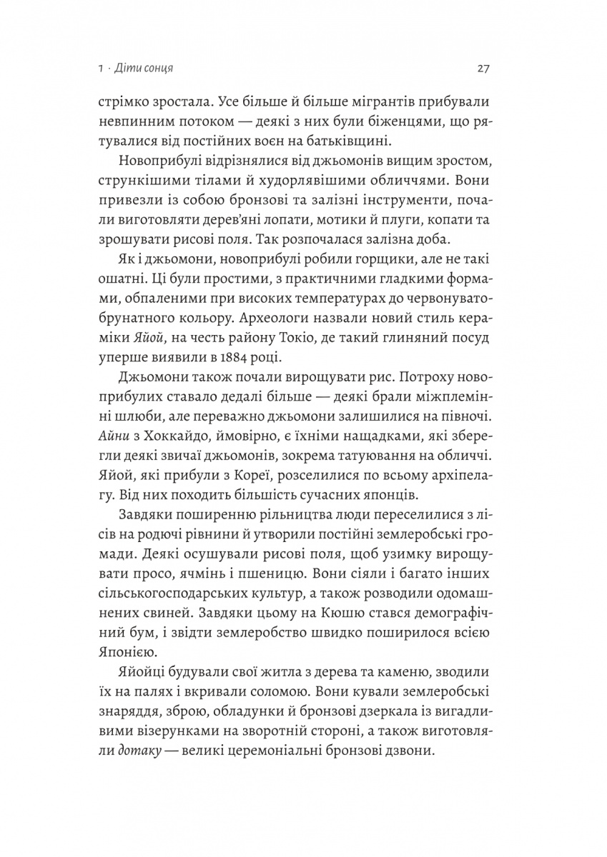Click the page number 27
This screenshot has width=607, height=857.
481,69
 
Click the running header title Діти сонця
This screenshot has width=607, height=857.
147,69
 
